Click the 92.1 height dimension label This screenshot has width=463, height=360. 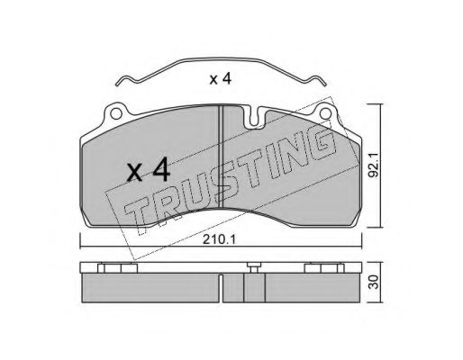(374, 165)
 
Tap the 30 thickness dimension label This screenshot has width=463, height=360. (374, 282)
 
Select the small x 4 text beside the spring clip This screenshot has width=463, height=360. (221, 79)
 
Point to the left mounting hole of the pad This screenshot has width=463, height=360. (115, 114)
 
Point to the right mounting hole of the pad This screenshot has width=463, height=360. (325, 114)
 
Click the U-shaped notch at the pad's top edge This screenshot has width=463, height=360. (254, 119)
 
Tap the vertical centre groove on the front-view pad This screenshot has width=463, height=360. (221, 157)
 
